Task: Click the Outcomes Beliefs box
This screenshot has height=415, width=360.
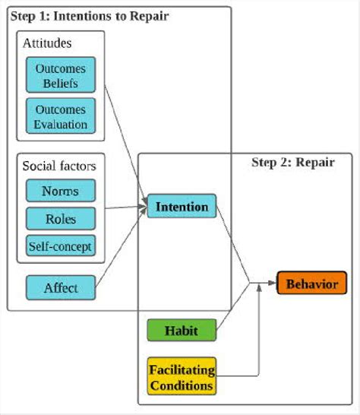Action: point(61,74)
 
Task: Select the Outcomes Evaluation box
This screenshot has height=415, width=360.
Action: point(61,116)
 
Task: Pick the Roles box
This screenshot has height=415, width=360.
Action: point(61,218)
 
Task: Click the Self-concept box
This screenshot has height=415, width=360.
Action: point(61,246)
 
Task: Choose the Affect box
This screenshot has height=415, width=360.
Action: point(61,288)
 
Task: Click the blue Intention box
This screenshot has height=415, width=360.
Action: point(182,207)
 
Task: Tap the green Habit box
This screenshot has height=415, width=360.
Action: point(182,331)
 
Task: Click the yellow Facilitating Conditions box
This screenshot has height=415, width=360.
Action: point(182,375)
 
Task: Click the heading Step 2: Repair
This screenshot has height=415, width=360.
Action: point(302,162)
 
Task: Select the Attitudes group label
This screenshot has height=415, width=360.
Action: point(47,43)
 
